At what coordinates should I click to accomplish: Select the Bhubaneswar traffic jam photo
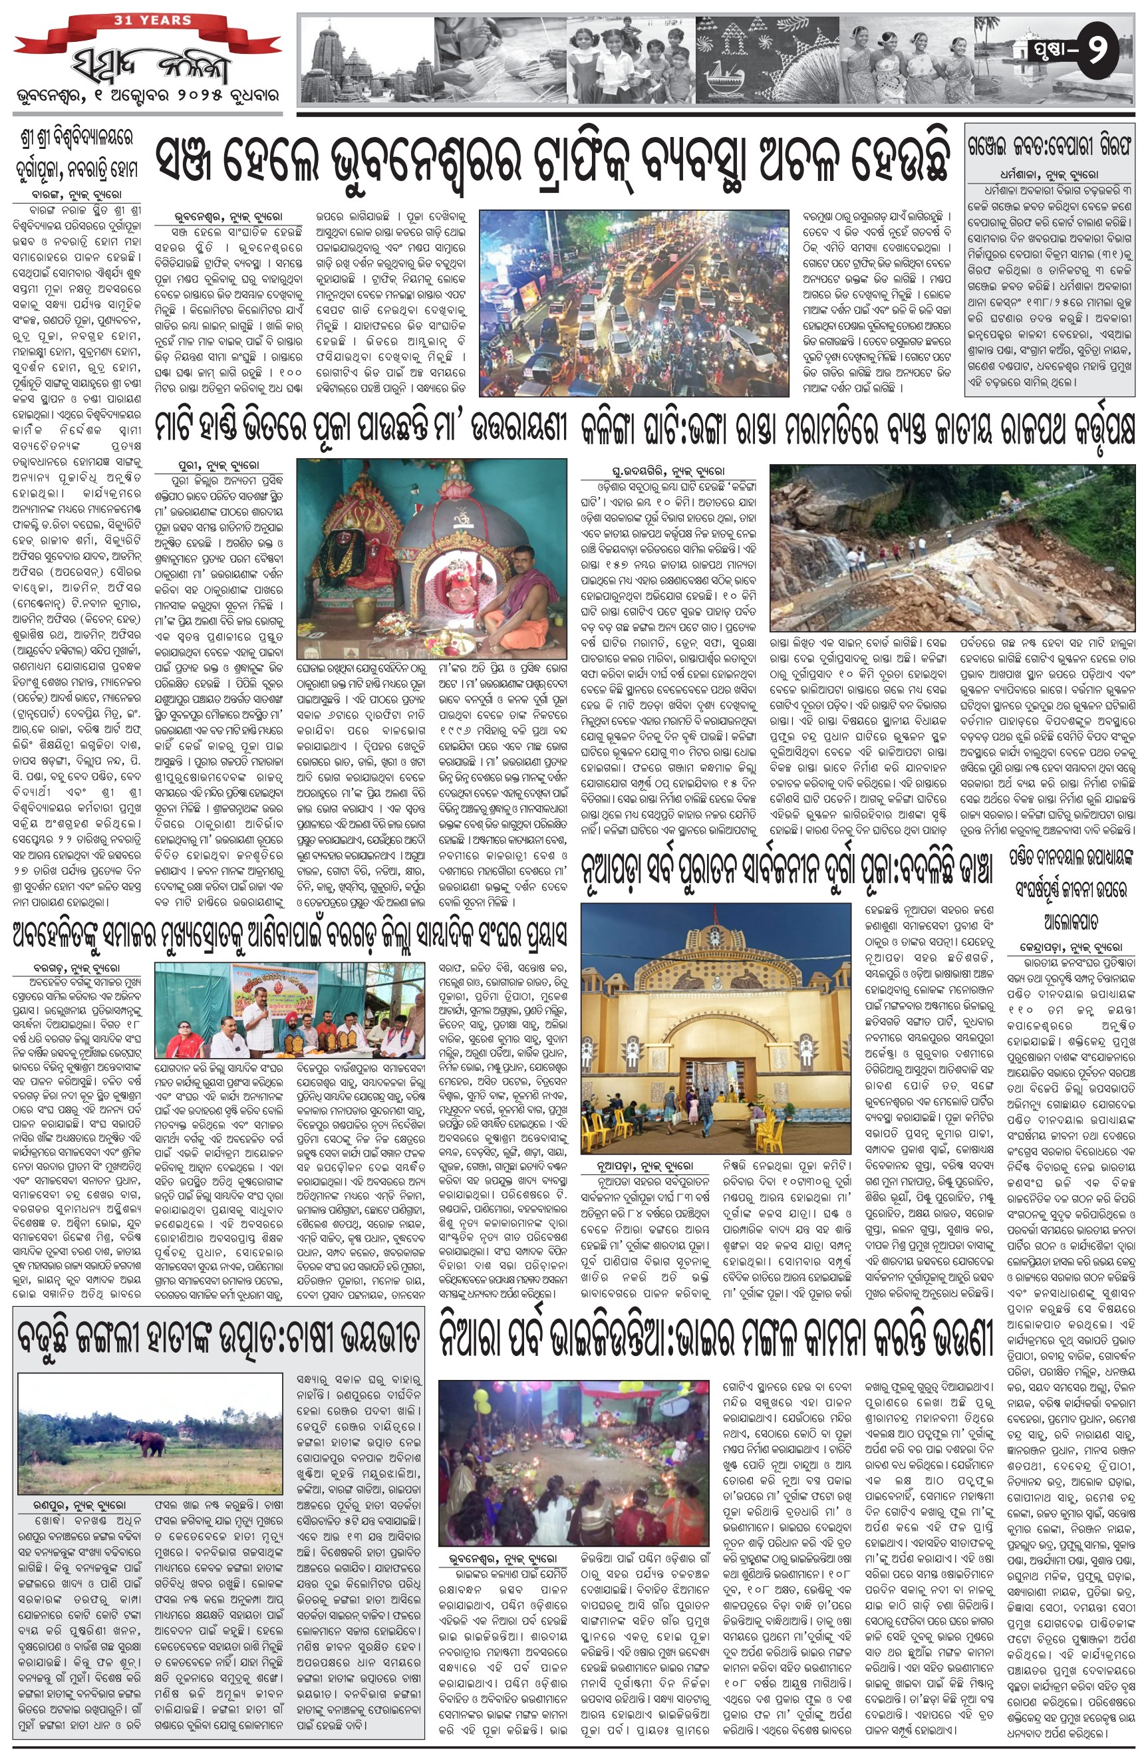click(x=634, y=303)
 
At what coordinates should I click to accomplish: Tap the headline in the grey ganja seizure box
click(x=1049, y=148)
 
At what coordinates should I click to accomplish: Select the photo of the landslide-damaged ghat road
click(x=952, y=547)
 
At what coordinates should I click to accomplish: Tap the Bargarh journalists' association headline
click(x=289, y=934)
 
